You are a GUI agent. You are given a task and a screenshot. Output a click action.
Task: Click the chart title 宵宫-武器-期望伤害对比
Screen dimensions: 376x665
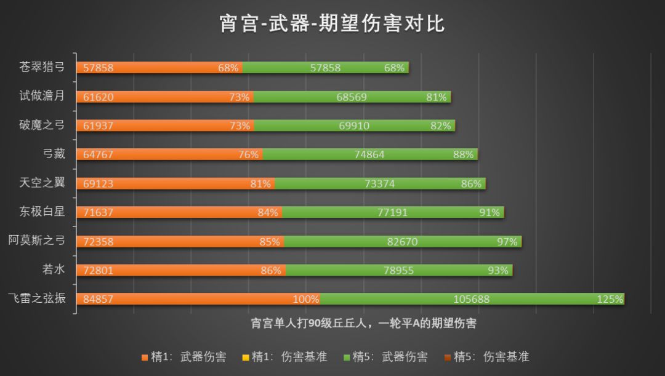point(332,23)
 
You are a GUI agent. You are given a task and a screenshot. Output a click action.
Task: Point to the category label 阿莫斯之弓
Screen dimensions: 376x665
point(37,241)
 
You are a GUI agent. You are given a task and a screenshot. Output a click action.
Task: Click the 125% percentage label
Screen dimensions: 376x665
point(610,300)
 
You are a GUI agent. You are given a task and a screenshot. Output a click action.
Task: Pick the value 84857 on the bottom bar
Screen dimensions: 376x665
point(99,300)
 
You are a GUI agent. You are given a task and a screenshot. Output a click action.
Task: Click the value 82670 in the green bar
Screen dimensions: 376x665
point(402,242)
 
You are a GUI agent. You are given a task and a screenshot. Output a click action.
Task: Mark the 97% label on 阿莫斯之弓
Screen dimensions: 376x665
point(507,242)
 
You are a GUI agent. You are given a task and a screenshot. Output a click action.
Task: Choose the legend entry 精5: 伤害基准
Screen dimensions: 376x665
point(487,356)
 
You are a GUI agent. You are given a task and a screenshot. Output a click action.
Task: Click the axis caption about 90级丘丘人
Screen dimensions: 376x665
point(363,322)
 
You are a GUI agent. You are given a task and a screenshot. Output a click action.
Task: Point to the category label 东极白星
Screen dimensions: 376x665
point(42,212)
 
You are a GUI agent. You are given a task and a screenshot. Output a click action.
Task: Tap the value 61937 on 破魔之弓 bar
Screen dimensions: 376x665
point(99,126)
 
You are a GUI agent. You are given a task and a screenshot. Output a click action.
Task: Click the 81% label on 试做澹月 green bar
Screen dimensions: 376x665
point(436,97)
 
